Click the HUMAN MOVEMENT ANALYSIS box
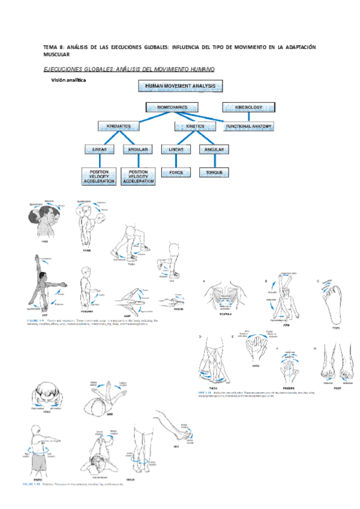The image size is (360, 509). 181,86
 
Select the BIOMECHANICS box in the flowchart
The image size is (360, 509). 172,107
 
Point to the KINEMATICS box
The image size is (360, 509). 122,127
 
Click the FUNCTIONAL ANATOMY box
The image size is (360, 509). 249,127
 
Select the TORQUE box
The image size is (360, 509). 214,173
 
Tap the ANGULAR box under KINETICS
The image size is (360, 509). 214,149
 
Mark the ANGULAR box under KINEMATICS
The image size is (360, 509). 137,149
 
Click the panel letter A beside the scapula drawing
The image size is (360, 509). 204,282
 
